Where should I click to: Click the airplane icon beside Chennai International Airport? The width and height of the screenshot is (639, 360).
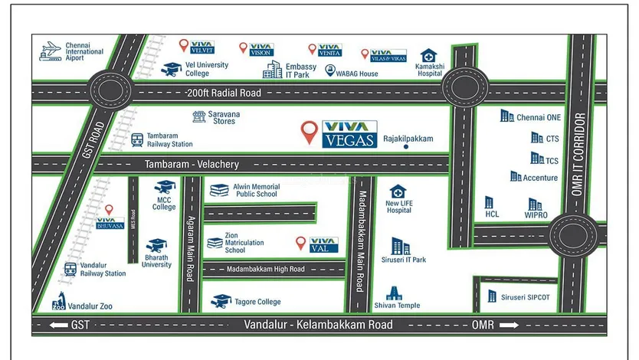click(51, 51)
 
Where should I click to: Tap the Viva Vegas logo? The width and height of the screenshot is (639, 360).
click(349, 133)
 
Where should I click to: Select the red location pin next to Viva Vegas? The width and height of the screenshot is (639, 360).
click(309, 132)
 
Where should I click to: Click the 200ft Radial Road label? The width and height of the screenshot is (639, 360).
click(223, 93)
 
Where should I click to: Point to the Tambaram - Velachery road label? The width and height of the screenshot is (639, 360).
click(192, 165)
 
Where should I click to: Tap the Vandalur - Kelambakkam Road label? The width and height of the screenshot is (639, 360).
click(318, 325)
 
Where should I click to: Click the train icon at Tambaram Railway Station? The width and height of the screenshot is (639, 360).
click(137, 140)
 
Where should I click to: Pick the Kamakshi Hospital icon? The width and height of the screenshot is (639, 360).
click(428, 57)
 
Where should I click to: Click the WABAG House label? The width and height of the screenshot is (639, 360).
click(357, 74)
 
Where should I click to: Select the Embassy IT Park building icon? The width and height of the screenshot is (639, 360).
click(273, 70)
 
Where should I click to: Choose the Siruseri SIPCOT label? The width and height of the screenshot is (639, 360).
click(525, 296)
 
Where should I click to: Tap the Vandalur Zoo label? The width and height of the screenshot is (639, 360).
click(90, 306)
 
